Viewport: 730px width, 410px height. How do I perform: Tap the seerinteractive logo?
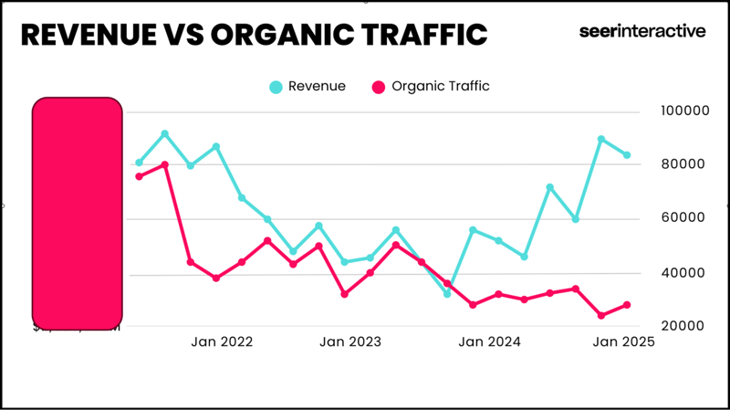(x=641, y=31)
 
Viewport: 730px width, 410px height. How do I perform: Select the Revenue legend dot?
(x=276, y=87)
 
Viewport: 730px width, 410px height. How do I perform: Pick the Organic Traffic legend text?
(x=441, y=87)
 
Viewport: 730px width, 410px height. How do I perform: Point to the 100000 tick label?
(x=684, y=110)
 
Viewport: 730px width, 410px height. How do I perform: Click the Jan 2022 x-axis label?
(x=222, y=342)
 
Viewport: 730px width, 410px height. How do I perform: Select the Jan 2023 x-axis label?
(x=350, y=342)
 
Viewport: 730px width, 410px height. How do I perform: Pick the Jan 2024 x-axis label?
(x=490, y=342)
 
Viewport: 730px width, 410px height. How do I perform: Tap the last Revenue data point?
(x=627, y=155)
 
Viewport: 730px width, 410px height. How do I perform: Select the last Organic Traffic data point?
(x=627, y=305)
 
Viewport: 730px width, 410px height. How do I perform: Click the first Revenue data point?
(x=140, y=163)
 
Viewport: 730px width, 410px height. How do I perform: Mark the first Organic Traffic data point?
(x=140, y=176)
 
